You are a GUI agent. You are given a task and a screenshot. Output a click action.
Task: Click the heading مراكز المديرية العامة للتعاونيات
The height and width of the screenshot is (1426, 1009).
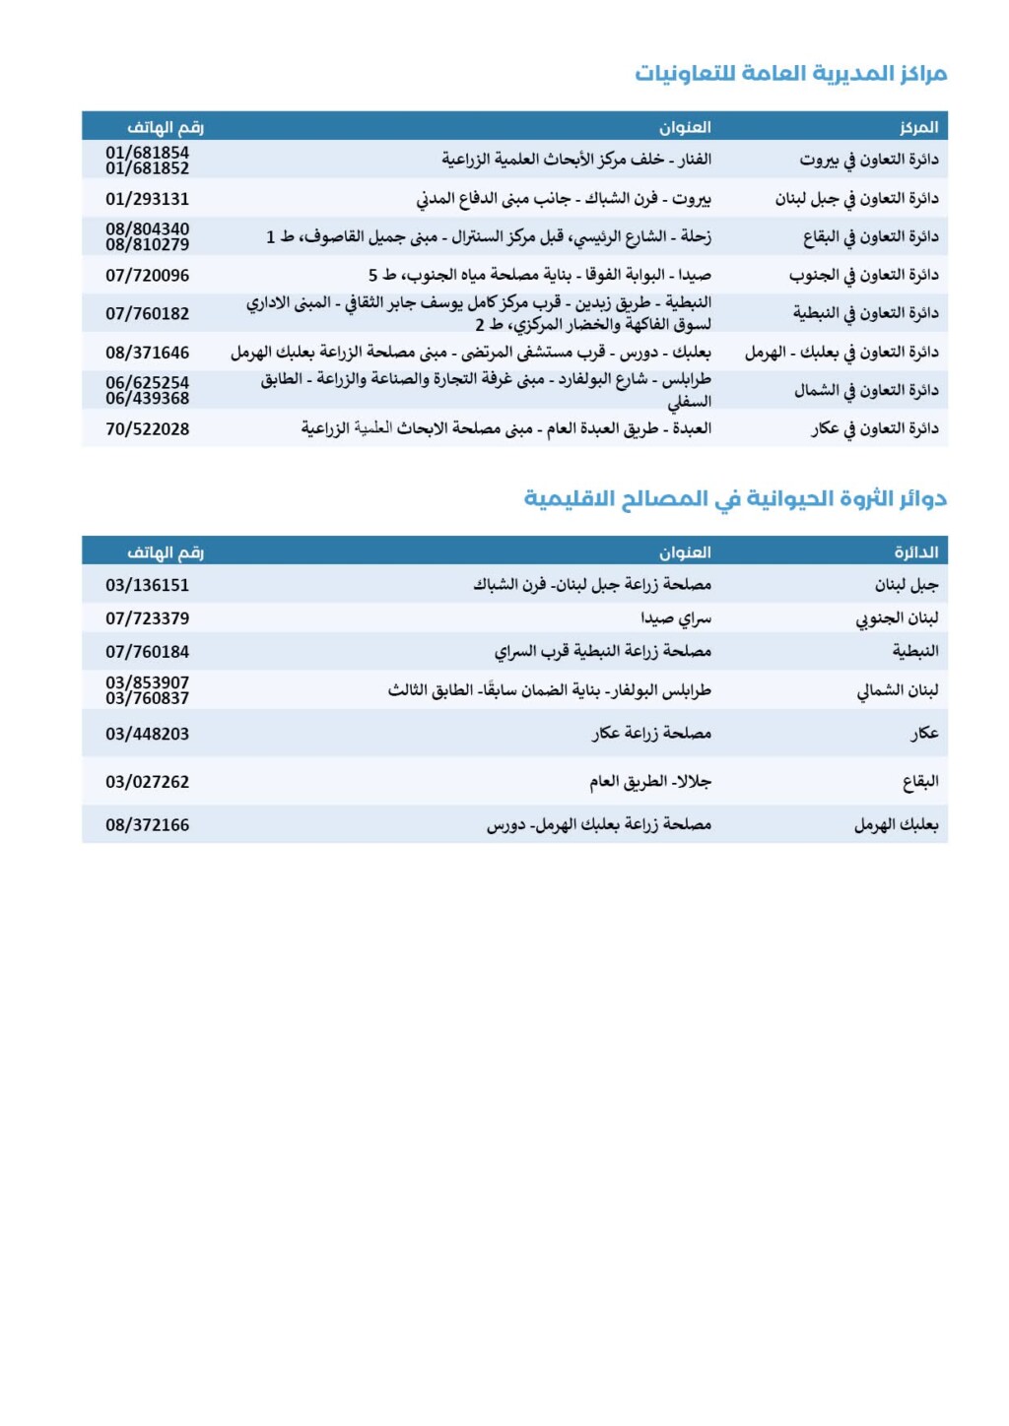pos(790,74)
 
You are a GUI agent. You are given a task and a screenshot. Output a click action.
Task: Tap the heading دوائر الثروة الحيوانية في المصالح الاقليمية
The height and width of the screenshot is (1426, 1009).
pos(735,499)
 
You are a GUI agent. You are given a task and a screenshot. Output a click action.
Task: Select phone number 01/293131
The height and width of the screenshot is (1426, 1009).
pos(148,199)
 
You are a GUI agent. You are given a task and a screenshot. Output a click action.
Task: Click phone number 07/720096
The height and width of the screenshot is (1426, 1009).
pos(148,276)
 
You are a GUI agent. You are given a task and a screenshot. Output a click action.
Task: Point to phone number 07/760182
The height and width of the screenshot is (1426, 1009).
pos(148,314)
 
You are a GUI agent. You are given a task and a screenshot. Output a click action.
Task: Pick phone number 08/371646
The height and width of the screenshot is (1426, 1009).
pos(148,353)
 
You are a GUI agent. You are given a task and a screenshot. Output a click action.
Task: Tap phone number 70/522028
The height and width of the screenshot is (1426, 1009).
pos(148,429)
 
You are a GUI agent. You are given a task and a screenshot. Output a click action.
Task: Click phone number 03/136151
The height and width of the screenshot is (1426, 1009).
pos(148,585)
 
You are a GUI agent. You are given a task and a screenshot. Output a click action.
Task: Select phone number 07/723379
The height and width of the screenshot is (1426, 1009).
pos(148,618)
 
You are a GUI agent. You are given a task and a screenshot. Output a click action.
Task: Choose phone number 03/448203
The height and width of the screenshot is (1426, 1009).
pos(148,734)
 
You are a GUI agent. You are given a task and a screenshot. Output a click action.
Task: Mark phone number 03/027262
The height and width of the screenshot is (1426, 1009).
pos(148,782)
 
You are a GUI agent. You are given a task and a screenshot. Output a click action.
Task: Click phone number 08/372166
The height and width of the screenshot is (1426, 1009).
pos(148,825)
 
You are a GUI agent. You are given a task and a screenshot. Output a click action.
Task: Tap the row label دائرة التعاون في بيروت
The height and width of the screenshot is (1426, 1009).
pos(869,160)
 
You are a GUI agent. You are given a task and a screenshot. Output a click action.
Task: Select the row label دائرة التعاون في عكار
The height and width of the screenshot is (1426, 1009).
pos(875,429)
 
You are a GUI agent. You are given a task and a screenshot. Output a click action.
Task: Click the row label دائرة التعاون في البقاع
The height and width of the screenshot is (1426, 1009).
pos(871,237)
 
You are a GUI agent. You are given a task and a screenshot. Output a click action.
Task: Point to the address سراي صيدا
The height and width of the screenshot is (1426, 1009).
pos(676,618)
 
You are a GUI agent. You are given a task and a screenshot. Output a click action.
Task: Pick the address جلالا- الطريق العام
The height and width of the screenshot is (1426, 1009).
pos(650,782)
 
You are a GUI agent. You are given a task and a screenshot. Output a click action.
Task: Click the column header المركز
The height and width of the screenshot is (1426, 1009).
pos(918,127)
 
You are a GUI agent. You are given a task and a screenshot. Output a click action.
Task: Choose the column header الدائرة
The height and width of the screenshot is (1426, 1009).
pos(916,552)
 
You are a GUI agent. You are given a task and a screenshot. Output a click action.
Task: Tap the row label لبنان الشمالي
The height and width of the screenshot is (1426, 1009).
pos(898,690)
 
